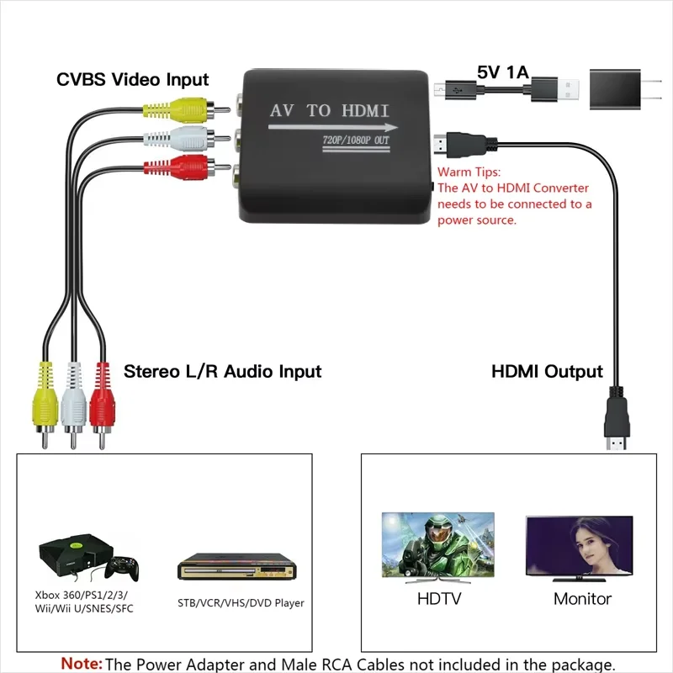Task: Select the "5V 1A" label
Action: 502,72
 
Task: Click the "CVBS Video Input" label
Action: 133,80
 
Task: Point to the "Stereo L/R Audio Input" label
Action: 223,371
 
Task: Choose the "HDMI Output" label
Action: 547,371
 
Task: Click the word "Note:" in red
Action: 82,664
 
